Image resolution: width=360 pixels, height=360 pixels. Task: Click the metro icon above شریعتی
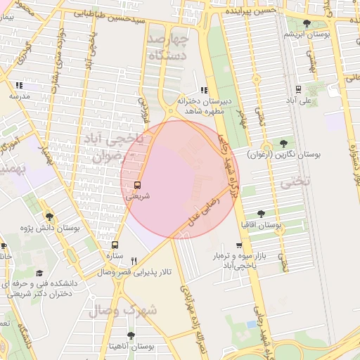pyautogui.click(x=136, y=186)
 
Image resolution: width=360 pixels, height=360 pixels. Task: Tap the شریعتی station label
pyautogui.click(x=137, y=197)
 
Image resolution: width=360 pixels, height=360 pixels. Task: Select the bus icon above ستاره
pyautogui.click(x=115, y=245)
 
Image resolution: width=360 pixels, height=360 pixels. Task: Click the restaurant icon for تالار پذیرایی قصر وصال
pyautogui.click(x=133, y=260)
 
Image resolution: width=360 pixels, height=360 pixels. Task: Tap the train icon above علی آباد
pyautogui.click(x=298, y=89)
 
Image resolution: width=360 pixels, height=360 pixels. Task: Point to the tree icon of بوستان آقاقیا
pyautogui.click(x=262, y=214)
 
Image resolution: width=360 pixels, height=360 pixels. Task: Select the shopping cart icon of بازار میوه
pyautogui.click(x=239, y=246)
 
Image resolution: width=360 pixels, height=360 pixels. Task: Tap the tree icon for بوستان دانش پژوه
pyautogui.click(x=49, y=217)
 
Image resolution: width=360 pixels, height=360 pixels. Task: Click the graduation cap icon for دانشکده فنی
pyautogui.click(x=39, y=272)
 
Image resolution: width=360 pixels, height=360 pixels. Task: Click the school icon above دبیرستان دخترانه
pyautogui.click(x=204, y=90)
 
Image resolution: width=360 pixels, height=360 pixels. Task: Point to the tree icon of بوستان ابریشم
pyautogui.click(x=304, y=23)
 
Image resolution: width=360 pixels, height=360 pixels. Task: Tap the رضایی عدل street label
pyautogui.click(x=204, y=210)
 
